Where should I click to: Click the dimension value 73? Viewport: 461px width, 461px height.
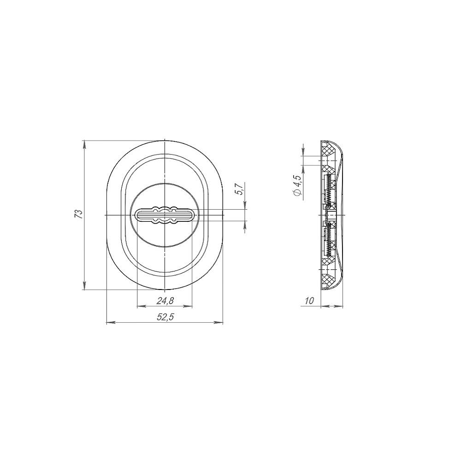click(x=79, y=214)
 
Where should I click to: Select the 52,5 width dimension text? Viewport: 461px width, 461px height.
click(x=165, y=317)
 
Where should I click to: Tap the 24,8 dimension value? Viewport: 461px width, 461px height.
click(x=165, y=301)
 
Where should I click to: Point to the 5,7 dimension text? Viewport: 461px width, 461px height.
click(x=239, y=189)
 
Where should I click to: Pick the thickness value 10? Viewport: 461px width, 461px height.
click(x=309, y=301)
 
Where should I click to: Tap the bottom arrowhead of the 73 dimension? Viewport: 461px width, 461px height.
click(x=85, y=286)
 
